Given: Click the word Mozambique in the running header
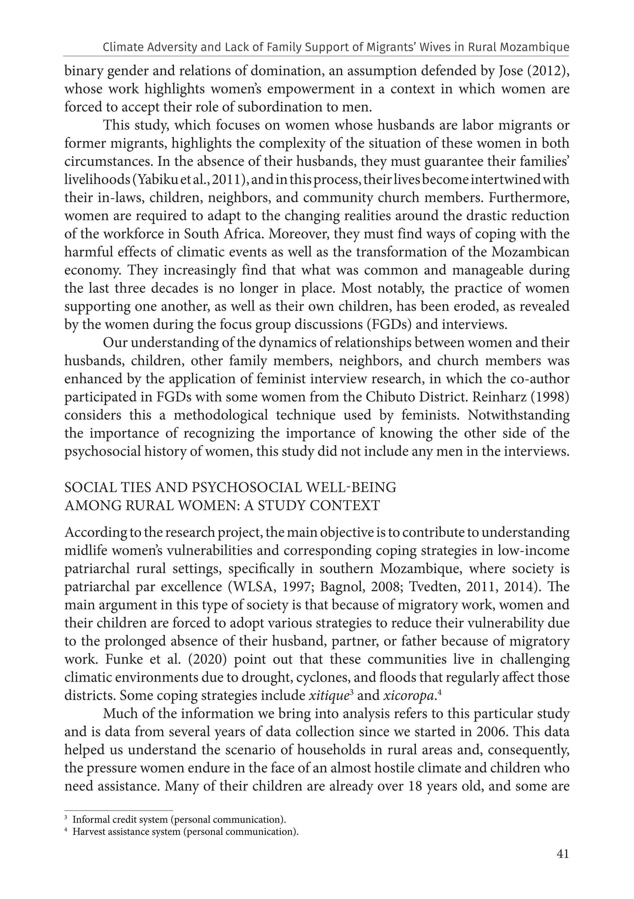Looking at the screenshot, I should click(538, 47).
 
